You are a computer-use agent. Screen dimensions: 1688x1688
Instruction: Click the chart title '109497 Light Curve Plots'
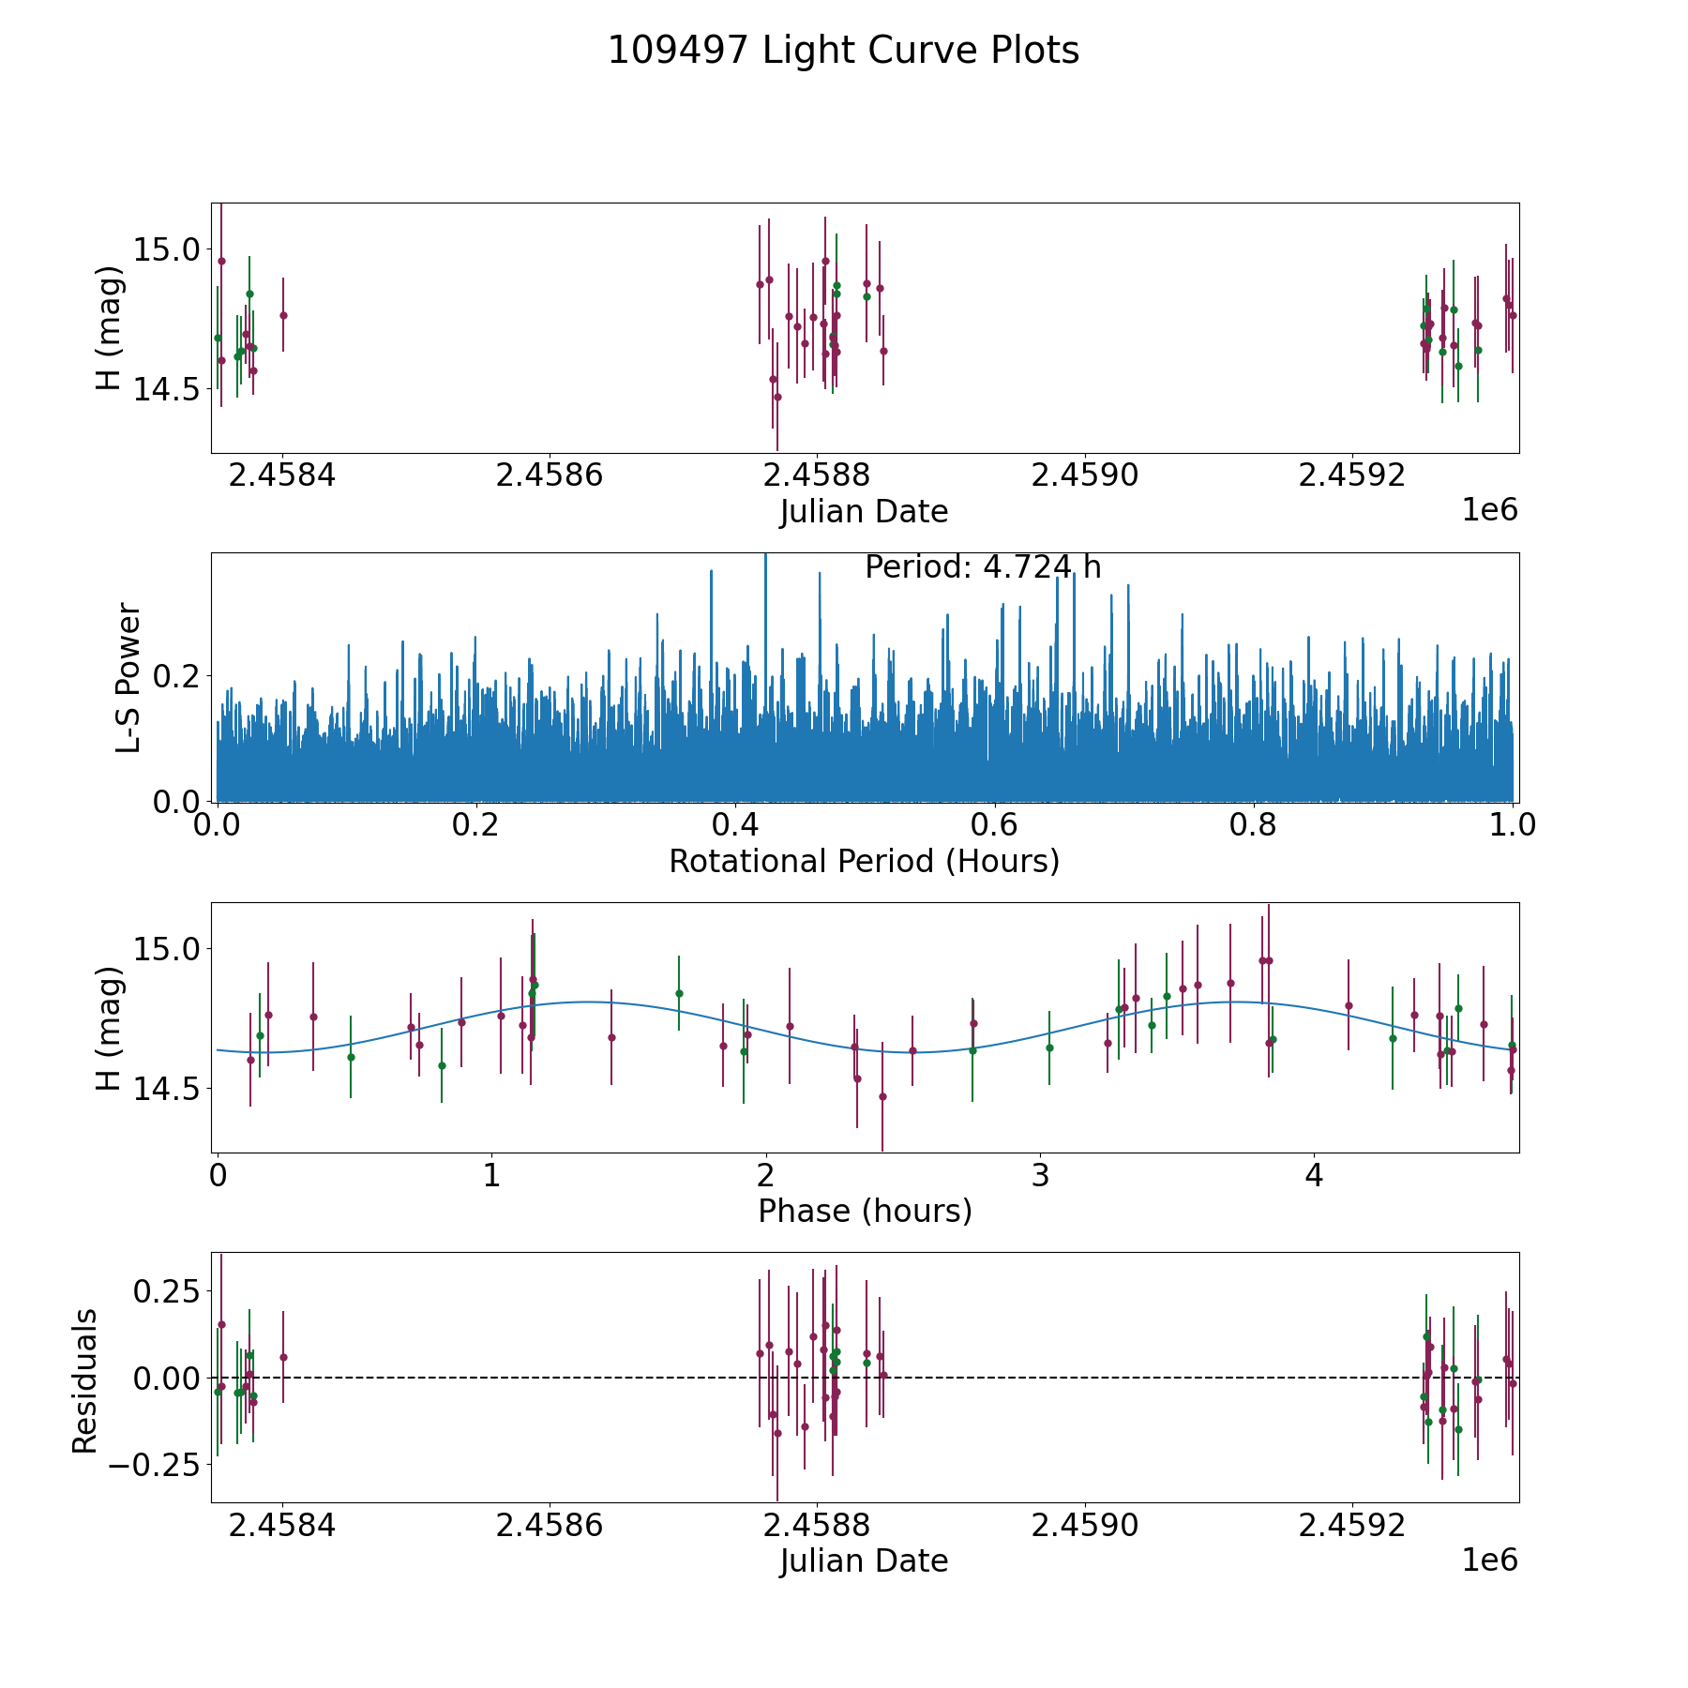point(843,51)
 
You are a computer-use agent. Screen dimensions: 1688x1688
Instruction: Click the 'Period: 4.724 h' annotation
point(982,567)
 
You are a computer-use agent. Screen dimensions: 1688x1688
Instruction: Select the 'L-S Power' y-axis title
point(129,677)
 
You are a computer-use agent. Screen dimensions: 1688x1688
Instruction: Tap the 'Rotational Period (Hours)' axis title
point(864,861)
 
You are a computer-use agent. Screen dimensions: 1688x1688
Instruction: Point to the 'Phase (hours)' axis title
point(864,1211)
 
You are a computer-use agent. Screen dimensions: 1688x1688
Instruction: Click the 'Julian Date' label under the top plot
point(864,512)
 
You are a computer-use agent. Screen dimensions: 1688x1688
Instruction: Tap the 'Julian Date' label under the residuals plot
point(864,1560)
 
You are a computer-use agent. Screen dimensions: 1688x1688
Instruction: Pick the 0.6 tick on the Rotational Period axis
point(995,825)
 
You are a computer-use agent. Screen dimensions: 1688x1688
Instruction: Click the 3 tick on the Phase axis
point(1040,1175)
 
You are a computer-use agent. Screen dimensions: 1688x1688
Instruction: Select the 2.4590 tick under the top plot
point(1084,475)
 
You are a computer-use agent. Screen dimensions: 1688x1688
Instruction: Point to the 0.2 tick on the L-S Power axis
point(178,675)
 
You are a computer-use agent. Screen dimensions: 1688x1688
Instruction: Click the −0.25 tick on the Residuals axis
point(154,1464)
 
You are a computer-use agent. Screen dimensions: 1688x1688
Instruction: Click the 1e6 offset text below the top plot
point(1489,510)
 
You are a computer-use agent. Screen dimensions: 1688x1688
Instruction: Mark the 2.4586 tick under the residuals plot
point(549,1525)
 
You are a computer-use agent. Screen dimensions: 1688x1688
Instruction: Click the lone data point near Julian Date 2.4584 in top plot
point(283,315)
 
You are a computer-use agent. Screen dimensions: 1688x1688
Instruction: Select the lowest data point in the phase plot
point(882,1096)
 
